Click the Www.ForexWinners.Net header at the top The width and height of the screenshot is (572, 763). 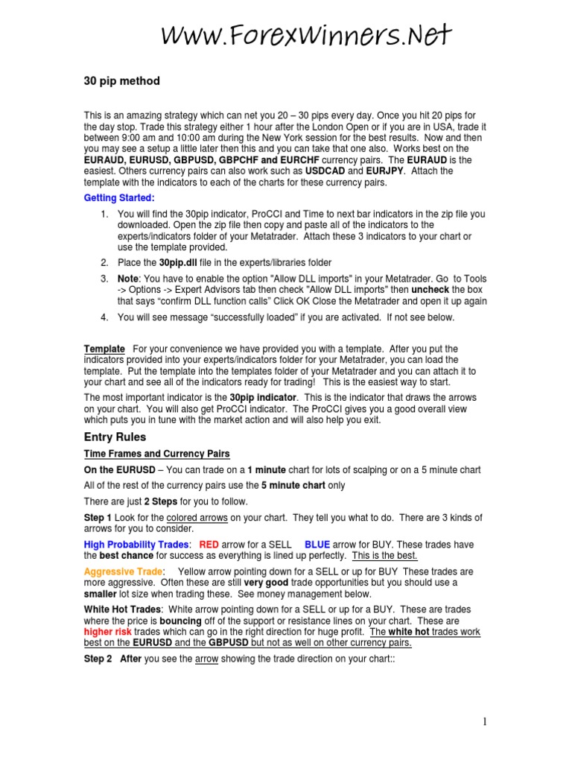tap(306, 34)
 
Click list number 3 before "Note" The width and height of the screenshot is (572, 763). tap(104, 278)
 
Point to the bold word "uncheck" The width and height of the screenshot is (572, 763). tap(431, 289)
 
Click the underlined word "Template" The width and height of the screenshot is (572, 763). tap(104, 349)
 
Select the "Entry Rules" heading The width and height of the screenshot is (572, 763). tap(115, 437)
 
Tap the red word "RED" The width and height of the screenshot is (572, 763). tap(209, 545)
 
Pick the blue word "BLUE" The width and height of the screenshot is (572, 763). tap(317, 545)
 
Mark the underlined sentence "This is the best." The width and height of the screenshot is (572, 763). tap(384, 556)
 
